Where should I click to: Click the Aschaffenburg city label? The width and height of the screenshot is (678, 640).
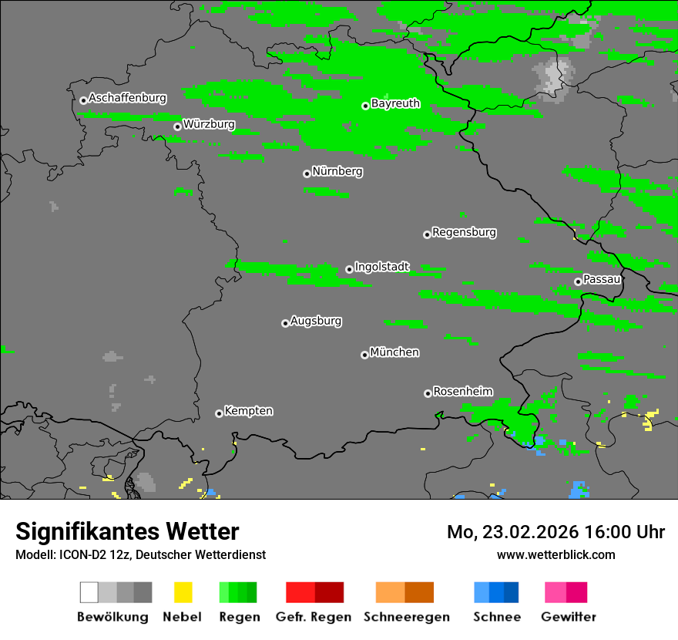click(127, 99)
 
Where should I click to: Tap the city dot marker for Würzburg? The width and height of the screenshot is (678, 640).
click(177, 126)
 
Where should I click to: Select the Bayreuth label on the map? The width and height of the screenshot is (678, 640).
click(395, 103)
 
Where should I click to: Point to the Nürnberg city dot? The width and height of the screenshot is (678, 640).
click(307, 173)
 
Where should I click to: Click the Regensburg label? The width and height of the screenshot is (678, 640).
click(464, 232)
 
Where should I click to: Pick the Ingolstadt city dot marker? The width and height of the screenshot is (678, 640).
click(349, 269)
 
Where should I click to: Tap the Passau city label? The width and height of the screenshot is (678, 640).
click(602, 279)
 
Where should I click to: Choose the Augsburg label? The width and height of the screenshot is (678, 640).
click(316, 321)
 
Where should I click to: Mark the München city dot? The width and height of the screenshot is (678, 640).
click(364, 355)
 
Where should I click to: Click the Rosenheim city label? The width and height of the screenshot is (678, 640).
click(463, 391)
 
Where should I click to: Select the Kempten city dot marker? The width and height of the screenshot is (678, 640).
click(219, 413)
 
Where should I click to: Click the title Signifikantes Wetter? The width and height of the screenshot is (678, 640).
click(127, 532)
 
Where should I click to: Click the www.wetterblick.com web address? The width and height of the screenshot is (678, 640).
click(555, 554)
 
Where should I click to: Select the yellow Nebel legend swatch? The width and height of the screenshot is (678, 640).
click(183, 592)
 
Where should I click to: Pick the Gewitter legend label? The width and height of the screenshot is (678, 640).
click(569, 617)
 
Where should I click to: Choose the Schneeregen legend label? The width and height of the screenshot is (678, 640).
click(407, 617)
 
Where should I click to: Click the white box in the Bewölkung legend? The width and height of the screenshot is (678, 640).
click(89, 592)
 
